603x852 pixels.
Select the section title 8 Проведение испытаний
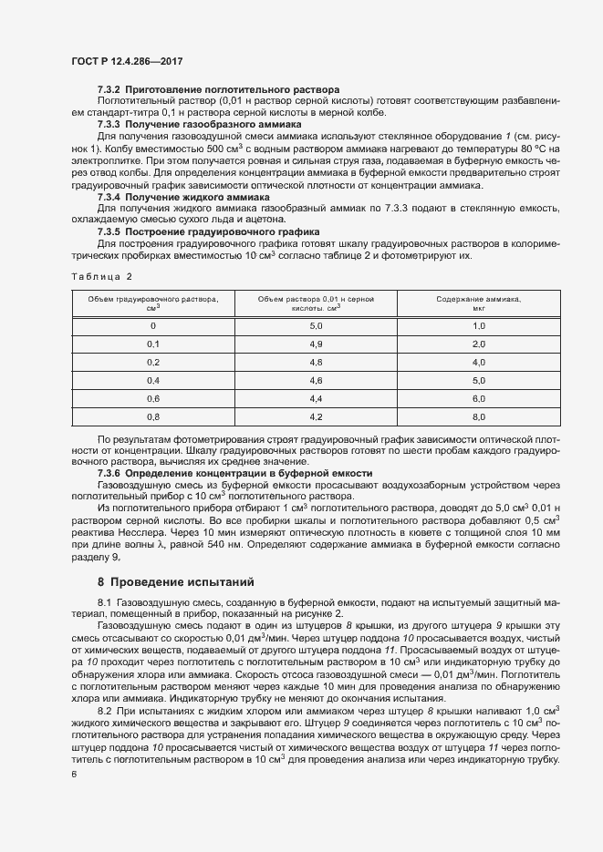(174, 580)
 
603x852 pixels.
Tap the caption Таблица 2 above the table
(101, 276)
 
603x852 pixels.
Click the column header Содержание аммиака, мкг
(478, 303)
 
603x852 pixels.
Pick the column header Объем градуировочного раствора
(153, 303)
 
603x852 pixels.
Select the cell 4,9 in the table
(317, 344)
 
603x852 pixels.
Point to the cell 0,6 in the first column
(153, 400)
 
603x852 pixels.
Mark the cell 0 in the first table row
(153, 326)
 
